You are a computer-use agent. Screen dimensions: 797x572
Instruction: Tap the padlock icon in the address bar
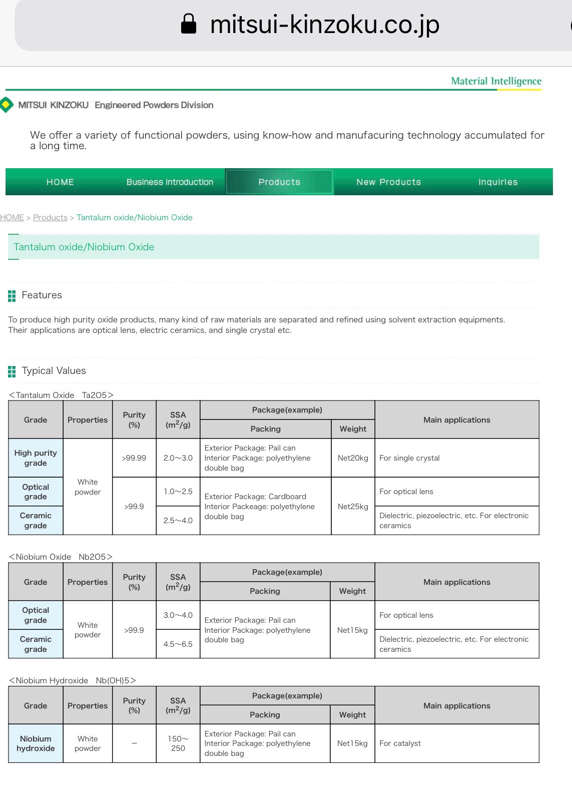188,24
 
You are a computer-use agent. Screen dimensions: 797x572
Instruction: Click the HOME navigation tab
60,182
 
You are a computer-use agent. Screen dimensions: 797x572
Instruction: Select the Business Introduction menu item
170,182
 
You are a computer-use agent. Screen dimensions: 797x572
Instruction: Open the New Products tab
388,182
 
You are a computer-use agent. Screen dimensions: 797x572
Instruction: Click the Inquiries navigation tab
497,182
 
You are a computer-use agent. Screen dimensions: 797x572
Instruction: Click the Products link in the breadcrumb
50,217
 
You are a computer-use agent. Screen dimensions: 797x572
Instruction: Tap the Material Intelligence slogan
496,81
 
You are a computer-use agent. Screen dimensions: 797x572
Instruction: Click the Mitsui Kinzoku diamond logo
6,105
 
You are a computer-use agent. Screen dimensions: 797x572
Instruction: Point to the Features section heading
42,295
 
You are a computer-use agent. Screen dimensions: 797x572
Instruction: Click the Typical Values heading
54,370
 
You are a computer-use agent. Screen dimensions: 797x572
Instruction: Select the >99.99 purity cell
134,458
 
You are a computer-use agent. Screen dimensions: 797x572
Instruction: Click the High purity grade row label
36,458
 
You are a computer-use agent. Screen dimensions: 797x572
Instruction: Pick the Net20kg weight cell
353,458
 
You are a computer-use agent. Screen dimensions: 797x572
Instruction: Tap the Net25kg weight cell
353,506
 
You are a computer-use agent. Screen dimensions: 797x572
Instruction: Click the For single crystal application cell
409,458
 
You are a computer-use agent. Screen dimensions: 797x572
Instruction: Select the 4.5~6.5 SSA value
178,644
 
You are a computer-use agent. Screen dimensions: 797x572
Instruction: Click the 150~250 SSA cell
178,743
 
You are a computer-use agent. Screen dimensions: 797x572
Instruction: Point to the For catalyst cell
400,743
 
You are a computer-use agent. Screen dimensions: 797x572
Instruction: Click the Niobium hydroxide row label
36,743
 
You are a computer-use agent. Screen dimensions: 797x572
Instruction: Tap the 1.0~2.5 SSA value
178,491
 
